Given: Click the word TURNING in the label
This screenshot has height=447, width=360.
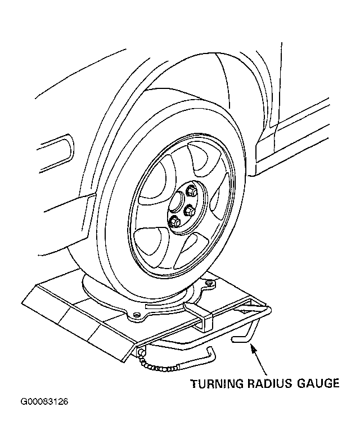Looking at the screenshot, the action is point(217,383).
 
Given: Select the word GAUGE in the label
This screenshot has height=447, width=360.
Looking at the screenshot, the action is point(318,383).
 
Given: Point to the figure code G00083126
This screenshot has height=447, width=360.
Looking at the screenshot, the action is point(44,401).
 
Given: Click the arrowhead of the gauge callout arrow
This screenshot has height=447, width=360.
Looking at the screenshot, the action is point(253,348).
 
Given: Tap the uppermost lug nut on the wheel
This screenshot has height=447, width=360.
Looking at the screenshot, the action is point(191,191).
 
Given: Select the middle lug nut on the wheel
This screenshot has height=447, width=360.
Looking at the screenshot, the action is point(190,211).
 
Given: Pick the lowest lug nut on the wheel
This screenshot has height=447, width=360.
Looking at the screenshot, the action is point(175,221).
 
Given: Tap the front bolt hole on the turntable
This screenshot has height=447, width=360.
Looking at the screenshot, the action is point(137,315).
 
